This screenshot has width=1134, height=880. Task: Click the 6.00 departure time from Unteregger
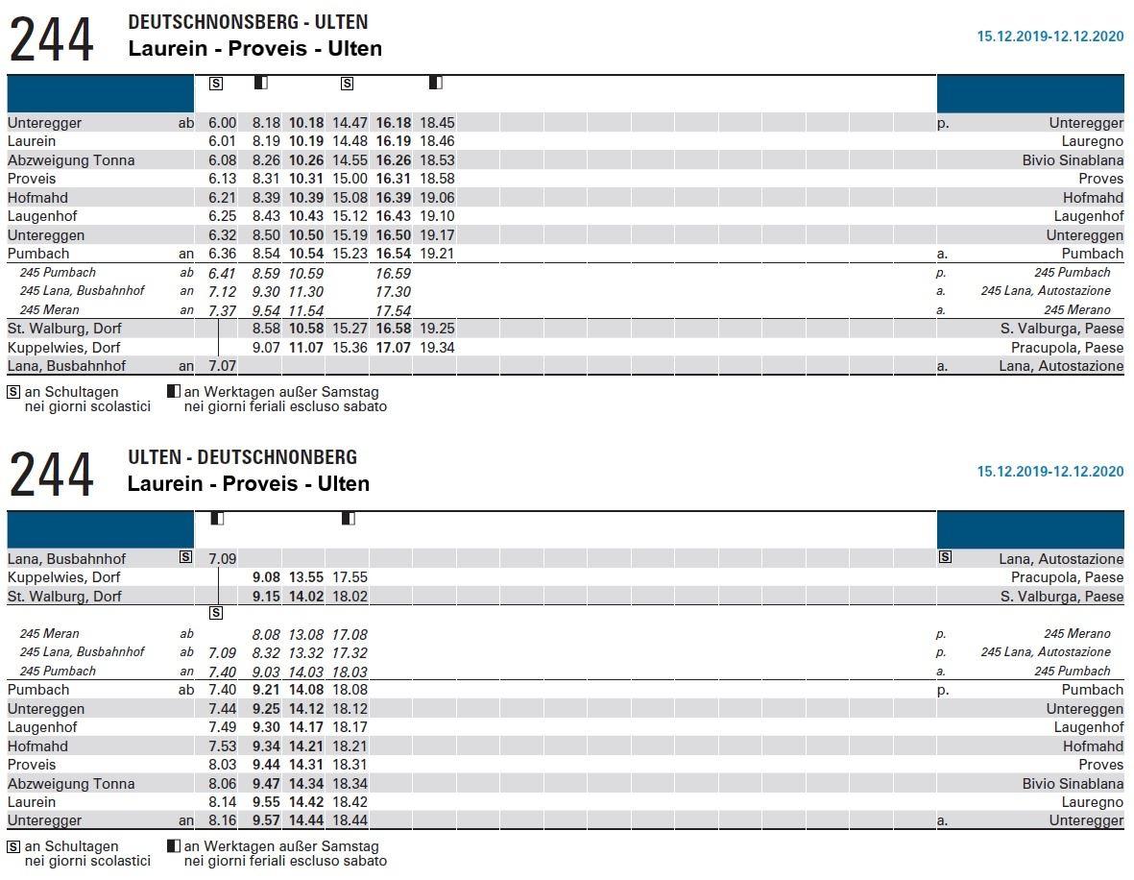click(x=222, y=123)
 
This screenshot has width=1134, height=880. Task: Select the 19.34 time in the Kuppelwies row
click(x=437, y=348)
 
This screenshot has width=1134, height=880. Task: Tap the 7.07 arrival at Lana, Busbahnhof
click(x=222, y=366)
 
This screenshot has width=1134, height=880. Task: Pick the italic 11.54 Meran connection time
click(x=306, y=310)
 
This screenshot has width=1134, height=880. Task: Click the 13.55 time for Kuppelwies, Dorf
click(x=306, y=577)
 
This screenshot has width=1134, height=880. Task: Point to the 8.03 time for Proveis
click(x=222, y=765)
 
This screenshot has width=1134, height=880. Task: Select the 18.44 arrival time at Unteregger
click(x=350, y=820)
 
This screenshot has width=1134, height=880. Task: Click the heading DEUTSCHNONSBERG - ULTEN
click(x=248, y=22)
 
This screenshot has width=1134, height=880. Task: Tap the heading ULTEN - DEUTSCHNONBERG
click(x=242, y=457)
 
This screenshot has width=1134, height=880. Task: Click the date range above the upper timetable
click(x=1050, y=37)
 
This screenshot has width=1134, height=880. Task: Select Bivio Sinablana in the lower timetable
click(x=1073, y=784)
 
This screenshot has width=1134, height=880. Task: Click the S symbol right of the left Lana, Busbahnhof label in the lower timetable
click(x=185, y=558)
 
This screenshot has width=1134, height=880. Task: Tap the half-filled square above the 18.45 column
click(x=435, y=84)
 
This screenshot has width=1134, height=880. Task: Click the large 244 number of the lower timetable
click(x=52, y=476)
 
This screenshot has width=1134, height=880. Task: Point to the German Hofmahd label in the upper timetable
click(x=32, y=198)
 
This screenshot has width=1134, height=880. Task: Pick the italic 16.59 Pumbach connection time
click(x=394, y=273)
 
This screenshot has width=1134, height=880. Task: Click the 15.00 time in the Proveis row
click(x=350, y=179)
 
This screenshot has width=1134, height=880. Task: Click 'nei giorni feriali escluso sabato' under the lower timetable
click(x=285, y=861)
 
